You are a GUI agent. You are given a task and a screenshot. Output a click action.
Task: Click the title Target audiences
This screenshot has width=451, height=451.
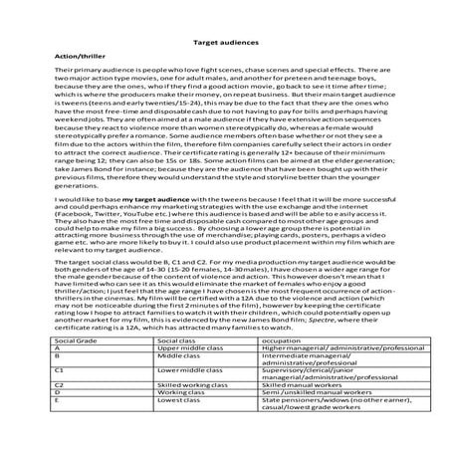225,45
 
